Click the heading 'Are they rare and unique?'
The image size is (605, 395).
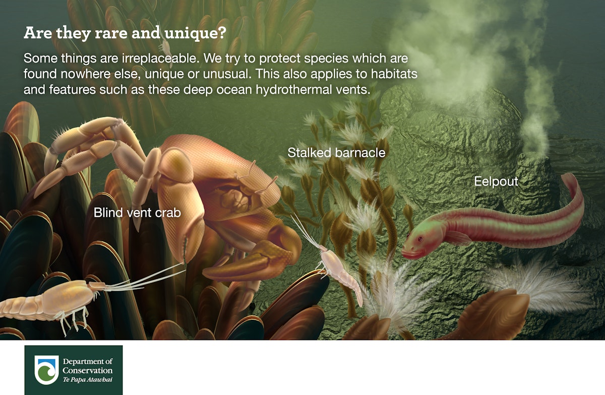click(125, 33)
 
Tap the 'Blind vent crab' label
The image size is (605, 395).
click(137, 213)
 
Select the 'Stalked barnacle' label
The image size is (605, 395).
click(336, 152)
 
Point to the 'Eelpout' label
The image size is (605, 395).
click(496, 182)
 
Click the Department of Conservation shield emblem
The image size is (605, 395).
click(46, 369)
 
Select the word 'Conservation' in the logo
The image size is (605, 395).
click(87, 371)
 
